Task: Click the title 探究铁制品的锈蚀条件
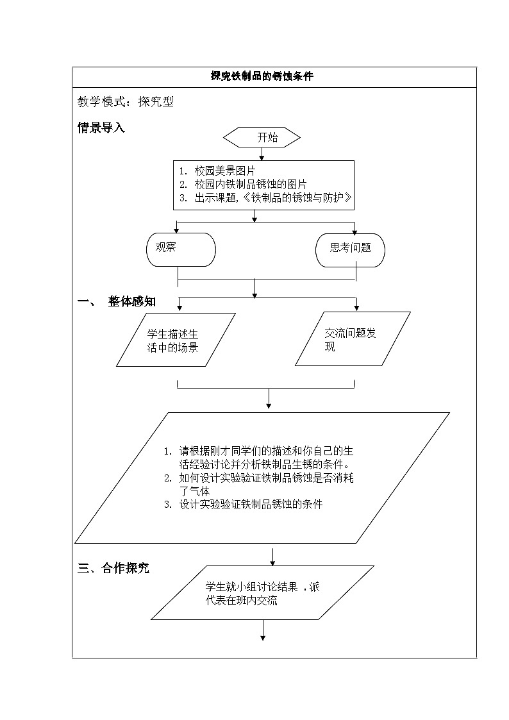pos(262,76)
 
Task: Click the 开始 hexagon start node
pos(262,137)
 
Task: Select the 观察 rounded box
pos(181,249)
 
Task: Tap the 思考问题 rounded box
pos(350,249)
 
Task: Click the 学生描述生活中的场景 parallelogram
pos(176,340)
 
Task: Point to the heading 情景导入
pos(101,128)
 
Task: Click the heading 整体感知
pos(131,301)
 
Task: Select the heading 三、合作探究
pos(113,568)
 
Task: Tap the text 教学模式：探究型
pos(126,101)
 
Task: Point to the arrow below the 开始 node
pos(262,154)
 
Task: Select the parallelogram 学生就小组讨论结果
pos(262,592)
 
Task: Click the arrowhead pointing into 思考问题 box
pos(355,231)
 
